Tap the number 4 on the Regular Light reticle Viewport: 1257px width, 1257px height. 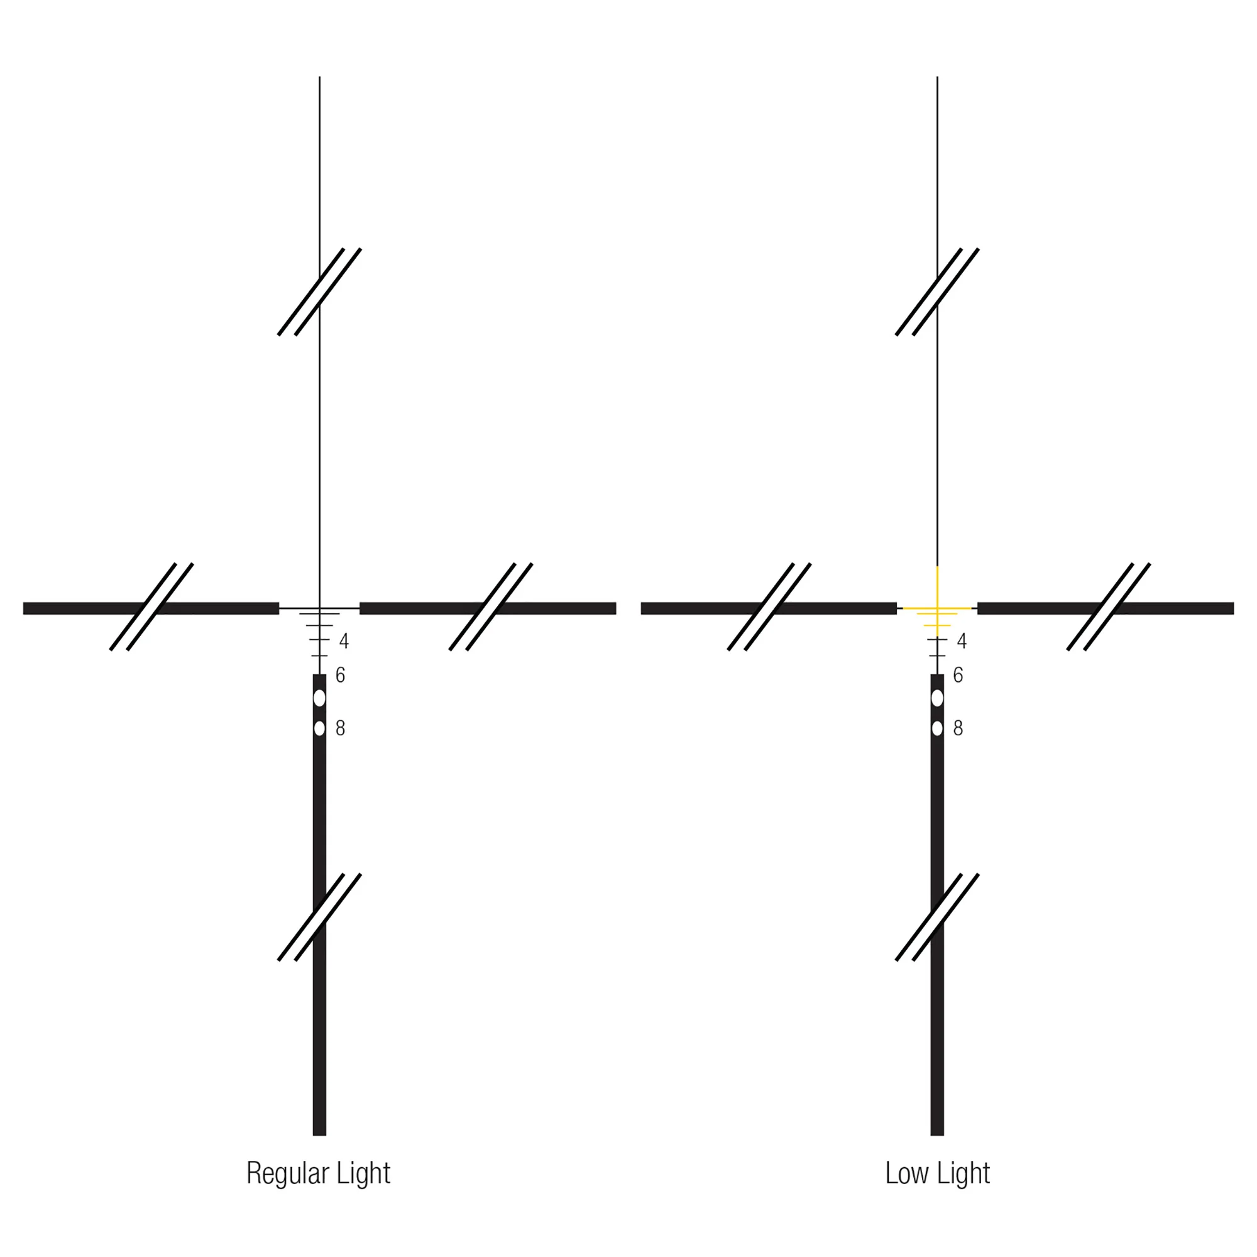coord(344,642)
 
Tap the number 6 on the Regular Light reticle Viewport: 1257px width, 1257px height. coord(340,676)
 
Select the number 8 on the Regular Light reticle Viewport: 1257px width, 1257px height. coord(340,728)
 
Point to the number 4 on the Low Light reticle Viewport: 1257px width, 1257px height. coord(962,642)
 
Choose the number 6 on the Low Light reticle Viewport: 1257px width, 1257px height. coord(958,676)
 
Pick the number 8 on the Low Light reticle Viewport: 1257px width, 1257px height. coord(958,728)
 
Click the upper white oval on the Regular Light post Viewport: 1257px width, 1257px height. coord(319,698)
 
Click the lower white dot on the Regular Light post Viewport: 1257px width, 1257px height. coord(319,728)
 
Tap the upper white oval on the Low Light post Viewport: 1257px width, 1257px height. coord(937,698)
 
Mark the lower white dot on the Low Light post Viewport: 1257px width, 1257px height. coord(937,728)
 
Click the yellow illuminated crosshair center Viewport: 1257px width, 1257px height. coord(937,608)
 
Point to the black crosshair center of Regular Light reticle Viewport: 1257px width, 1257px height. coord(319,608)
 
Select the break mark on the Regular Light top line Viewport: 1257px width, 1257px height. coord(319,292)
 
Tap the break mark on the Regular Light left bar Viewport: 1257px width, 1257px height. coord(151,607)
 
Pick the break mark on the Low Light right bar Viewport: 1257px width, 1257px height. coord(1109,607)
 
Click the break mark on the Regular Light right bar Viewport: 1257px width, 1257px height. coord(491,607)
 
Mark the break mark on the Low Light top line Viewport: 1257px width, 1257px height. coord(937,292)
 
